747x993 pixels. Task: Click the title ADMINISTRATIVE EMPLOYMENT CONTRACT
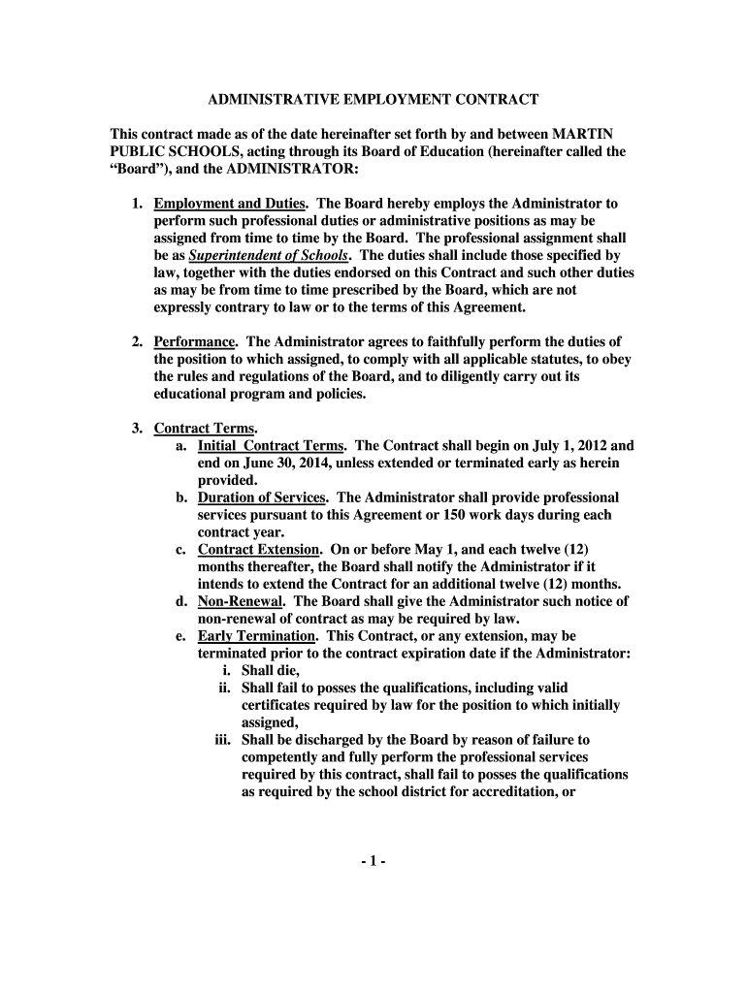pos(373,100)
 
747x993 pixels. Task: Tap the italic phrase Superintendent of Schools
pos(268,256)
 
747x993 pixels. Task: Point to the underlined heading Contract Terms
pos(205,428)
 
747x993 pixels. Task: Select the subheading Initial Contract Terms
pos(272,445)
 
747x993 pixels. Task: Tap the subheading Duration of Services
pos(262,497)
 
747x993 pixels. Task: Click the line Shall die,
pos(271,671)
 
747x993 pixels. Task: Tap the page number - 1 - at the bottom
pos(373,861)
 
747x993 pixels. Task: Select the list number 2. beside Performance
pos(138,341)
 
